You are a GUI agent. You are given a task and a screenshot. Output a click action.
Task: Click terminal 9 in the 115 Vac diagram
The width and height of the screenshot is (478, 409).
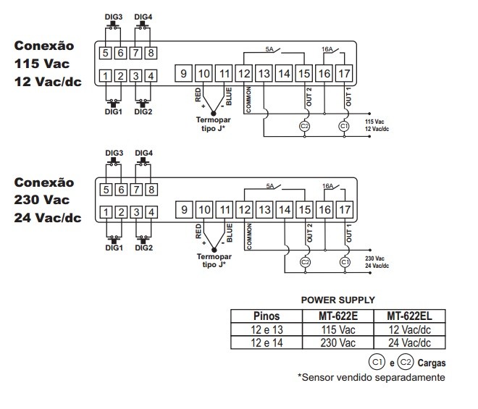184,72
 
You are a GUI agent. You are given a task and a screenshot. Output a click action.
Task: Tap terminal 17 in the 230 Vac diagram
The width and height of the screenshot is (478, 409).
345,209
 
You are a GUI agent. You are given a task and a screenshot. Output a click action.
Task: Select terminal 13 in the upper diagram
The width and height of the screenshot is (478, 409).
264,72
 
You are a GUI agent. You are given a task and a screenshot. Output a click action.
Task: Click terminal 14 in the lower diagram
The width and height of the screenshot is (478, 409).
285,209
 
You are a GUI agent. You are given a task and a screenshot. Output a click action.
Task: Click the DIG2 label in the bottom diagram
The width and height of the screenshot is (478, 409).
143,248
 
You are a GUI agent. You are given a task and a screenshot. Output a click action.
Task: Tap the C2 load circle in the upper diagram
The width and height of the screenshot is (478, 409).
304,125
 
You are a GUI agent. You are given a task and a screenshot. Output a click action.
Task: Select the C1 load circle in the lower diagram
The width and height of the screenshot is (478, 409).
345,261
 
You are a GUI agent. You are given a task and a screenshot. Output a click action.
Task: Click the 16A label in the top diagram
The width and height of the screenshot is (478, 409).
327,49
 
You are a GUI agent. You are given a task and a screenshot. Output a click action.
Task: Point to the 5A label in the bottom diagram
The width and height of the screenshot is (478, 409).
269,185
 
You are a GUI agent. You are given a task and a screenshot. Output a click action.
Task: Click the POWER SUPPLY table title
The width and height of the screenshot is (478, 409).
337,300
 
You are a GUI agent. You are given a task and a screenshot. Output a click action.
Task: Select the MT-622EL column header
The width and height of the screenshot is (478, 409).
415,316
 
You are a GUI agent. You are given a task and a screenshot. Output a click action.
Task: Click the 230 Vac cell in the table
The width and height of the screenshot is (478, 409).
337,342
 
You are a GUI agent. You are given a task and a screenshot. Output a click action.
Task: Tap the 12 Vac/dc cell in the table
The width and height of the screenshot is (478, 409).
415,329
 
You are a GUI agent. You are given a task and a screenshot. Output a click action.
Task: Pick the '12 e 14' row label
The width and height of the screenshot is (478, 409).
266,342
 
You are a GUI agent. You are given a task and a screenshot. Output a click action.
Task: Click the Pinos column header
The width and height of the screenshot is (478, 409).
266,316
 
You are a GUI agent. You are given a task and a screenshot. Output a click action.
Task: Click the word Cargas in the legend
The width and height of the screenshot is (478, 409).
431,362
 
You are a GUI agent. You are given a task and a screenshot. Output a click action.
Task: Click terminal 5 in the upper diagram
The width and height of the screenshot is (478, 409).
106,52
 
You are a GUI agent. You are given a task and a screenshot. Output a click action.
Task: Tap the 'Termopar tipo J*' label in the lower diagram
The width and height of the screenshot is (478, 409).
214,260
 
